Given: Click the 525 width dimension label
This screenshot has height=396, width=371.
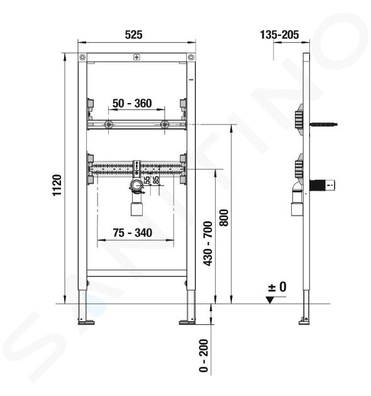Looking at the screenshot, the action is tap(133, 35).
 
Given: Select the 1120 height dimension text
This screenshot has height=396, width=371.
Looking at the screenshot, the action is tap(57, 185).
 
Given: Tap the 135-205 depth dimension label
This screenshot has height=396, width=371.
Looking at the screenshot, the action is tap(279, 35).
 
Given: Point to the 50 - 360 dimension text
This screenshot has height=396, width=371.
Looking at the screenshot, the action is tap(132, 103).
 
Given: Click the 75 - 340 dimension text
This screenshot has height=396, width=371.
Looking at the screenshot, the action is tap(133, 233).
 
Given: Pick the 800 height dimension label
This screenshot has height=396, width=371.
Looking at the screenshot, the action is tap(224, 217).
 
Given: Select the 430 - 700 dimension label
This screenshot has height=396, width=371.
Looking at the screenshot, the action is tap(208, 243).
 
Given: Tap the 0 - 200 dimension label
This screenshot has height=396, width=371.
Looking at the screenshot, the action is tap(204, 355).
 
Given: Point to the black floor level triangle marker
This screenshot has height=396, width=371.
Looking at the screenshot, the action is tap(270, 300).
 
